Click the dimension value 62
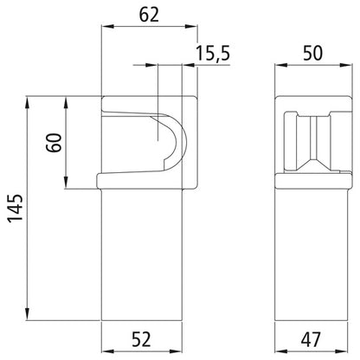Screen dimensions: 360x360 point(150,15)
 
